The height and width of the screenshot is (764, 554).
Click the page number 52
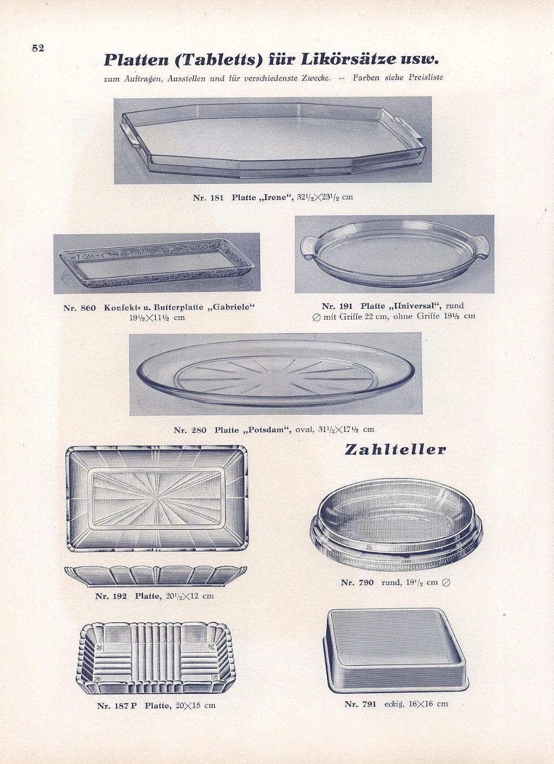point(38,48)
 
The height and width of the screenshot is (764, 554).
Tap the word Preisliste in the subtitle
point(426,77)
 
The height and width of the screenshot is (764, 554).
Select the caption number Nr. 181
point(208,198)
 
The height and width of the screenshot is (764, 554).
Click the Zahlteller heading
point(395,450)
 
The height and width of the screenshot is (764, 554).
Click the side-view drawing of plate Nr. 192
point(156,576)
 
